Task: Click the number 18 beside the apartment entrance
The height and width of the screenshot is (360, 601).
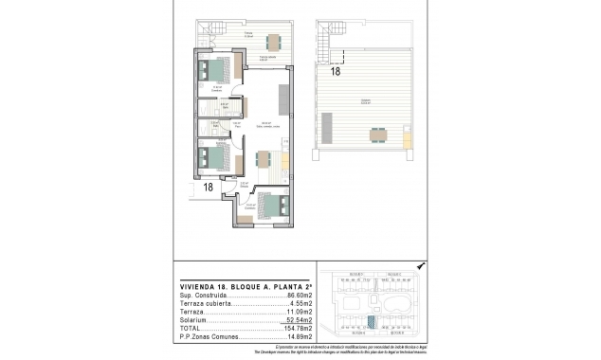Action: tap(207, 188)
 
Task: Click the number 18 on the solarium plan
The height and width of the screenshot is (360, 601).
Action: tap(336, 70)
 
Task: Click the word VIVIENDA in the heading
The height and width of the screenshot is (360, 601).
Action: tap(199, 286)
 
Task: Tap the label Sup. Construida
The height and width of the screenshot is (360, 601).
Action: tap(202, 297)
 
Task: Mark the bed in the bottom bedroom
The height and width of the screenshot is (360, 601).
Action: tap(272, 205)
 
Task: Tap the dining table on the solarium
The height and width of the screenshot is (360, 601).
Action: tap(377, 132)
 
